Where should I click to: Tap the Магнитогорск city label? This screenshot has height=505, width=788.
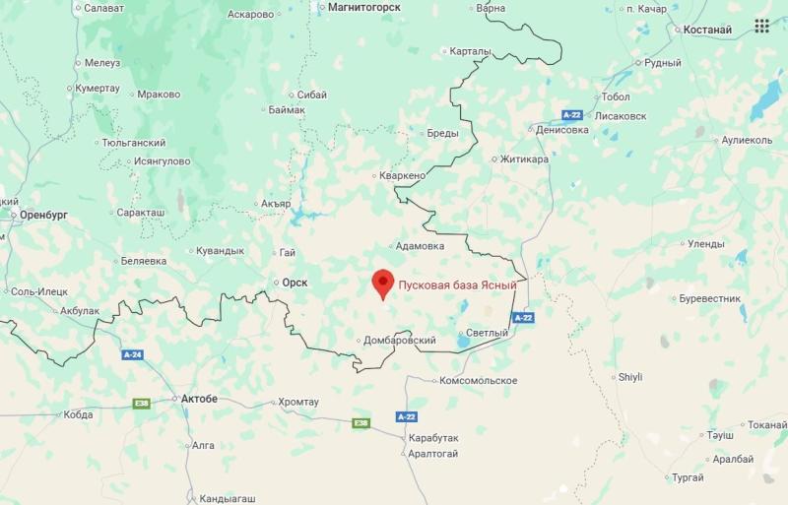(360, 7)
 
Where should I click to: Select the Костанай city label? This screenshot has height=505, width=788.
(706, 30)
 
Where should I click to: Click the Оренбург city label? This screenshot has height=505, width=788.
(43, 214)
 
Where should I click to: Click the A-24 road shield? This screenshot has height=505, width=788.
(132, 354)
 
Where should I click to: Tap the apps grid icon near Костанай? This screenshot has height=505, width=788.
(761, 26)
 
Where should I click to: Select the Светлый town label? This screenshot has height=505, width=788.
(487, 333)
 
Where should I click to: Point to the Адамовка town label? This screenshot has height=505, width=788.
(419, 246)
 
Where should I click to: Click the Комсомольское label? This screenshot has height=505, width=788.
(478, 380)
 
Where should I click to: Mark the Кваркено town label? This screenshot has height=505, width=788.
(403, 175)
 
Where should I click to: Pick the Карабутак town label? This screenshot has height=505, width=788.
(439, 436)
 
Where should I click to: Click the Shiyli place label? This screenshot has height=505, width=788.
(629, 377)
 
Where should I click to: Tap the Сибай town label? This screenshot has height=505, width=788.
(310, 95)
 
